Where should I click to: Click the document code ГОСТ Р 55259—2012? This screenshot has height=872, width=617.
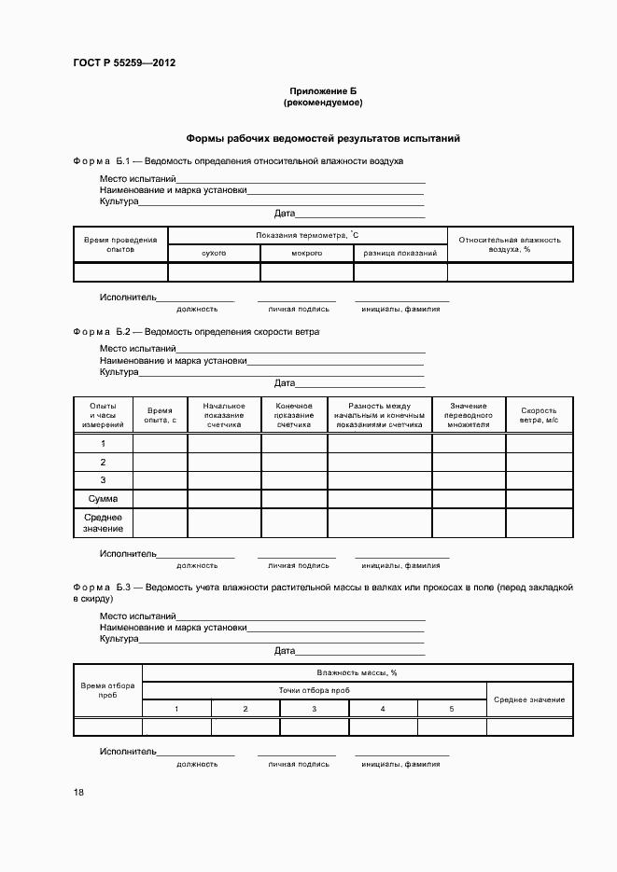coord(124,63)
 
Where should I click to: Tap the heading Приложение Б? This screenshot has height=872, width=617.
coord(322,90)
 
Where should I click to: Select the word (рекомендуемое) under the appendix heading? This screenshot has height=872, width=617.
coord(322,102)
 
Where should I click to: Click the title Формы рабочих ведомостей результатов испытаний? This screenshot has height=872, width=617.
coord(322,138)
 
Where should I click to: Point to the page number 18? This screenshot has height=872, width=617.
coord(78,792)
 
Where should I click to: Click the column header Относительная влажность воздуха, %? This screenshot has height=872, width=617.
coord(510,244)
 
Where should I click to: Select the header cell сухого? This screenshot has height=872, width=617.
coord(214,253)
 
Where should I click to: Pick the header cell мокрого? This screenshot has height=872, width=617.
coord(306,253)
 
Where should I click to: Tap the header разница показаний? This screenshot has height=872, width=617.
coord(400,253)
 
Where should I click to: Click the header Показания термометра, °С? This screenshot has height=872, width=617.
coord(307,235)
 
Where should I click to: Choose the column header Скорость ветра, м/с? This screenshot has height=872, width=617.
coord(539,415)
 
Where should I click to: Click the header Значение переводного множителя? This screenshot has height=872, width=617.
coord(468,415)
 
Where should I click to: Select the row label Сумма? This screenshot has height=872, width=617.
coord(103,499)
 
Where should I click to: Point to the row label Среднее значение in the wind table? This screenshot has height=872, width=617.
coord(103,522)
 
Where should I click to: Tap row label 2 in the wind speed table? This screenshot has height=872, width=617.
coord(103,463)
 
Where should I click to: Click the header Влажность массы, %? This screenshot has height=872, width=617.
coord(357,671)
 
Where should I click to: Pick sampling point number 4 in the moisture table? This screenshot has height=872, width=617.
coord(383,710)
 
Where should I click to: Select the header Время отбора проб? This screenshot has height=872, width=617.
coord(107,690)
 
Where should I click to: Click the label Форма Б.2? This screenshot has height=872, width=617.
coord(105,331)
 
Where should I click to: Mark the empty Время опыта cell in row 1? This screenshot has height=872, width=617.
coord(160,444)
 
